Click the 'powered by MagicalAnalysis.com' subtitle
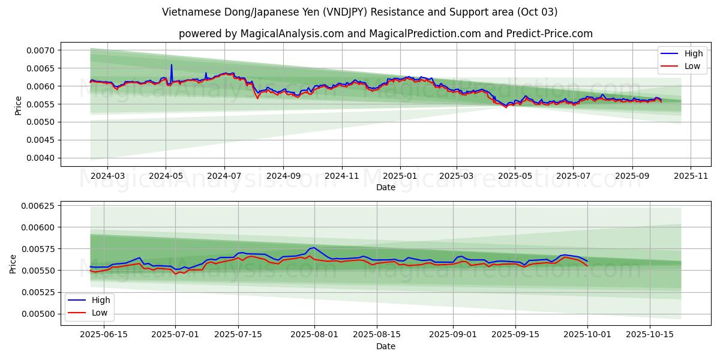tap(385, 34)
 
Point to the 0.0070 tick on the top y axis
tap(41, 50)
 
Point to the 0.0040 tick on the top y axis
tap(41, 158)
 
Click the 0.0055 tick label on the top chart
tap(41, 104)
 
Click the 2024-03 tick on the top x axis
tap(107, 176)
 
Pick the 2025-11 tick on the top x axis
tap(691, 176)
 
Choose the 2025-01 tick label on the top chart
tap(399, 176)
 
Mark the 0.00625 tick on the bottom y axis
tap(37, 206)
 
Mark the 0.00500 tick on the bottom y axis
tap(37, 314)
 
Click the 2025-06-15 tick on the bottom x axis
tap(104, 335)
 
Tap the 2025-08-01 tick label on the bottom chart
tap(314, 335)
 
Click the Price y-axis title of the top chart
tap(18, 105)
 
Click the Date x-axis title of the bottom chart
tap(385, 346)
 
